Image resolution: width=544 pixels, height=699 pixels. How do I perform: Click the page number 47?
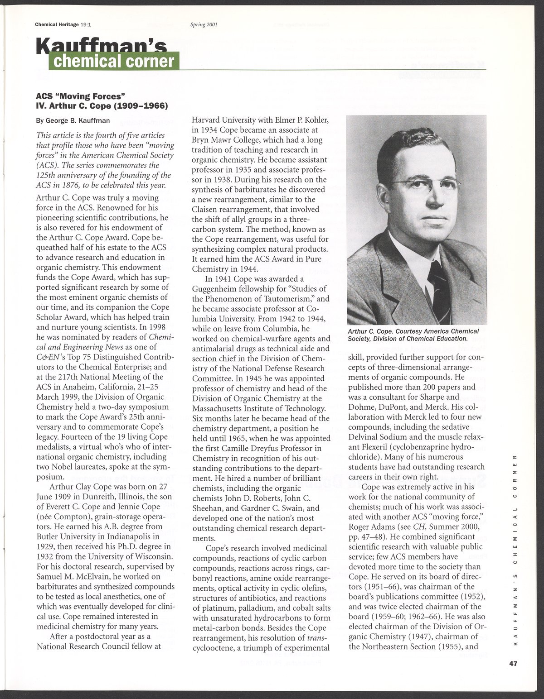point(513,664)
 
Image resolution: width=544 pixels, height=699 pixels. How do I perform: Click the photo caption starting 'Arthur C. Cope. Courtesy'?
point(413,335)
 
